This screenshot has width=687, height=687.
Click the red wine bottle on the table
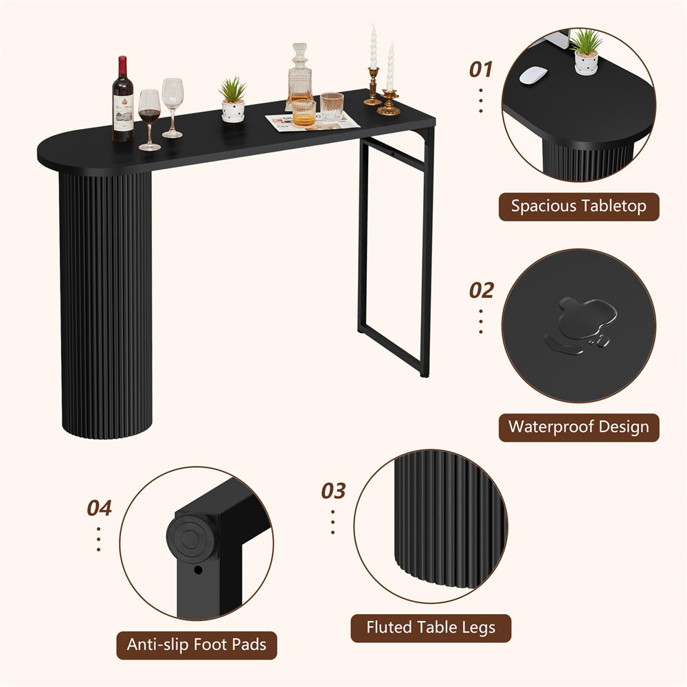123,99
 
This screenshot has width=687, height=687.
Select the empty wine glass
172,107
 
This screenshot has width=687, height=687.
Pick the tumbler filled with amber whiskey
304,113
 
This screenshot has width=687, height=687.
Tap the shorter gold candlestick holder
389,102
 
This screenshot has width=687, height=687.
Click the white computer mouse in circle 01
533,75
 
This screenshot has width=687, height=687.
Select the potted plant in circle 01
586,52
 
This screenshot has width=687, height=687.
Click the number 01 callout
481,69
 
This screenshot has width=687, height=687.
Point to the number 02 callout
482,291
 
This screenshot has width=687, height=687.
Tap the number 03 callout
333,491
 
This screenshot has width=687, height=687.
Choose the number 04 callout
99,508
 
